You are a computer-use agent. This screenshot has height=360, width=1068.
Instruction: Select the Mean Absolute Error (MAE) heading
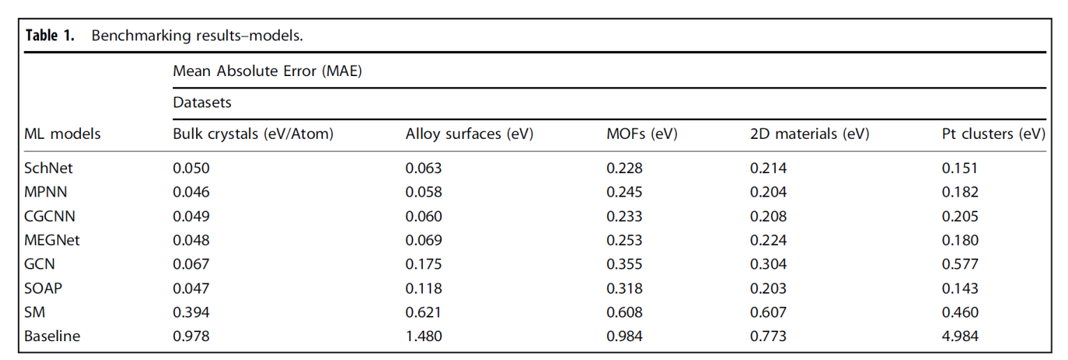pos(267,71)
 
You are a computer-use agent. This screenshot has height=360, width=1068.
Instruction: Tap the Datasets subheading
pos(202,103)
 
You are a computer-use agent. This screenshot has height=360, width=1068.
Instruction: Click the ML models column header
pos(62,135)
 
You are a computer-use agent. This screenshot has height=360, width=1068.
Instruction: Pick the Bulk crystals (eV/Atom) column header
pos(253,135)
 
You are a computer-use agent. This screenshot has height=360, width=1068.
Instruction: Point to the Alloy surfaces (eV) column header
pos(469,135)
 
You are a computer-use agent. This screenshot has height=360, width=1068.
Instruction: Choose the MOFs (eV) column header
pos(642,135)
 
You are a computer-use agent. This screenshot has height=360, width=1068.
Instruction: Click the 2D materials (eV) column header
pos(809,135)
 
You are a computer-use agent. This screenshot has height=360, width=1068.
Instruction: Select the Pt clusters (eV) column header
pos(993,135)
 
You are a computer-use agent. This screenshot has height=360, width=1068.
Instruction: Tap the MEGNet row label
pos(52,241)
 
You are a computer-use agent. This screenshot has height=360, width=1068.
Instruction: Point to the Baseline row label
pos(52,336)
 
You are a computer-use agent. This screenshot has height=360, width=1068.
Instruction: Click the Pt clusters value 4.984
pos(960,336)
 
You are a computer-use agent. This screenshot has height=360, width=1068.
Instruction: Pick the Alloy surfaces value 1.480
pos(423,336)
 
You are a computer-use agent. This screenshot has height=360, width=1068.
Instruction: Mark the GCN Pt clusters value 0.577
pos(960,264)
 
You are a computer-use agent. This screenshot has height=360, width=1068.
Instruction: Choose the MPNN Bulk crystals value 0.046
pos(190,192)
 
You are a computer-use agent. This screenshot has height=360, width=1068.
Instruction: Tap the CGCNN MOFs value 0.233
pos(624,216)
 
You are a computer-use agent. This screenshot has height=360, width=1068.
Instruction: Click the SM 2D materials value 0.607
pos(768,313)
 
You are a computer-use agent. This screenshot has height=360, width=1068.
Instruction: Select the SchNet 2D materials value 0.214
pos(768,168)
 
